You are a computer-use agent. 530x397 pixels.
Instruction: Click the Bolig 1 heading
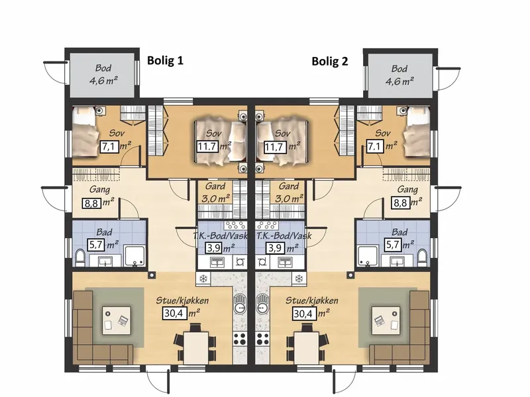[x=165, y=60]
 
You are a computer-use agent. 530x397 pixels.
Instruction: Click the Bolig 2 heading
[x=329, y=62]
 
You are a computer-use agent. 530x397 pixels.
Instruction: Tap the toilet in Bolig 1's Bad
[x=80, y=257]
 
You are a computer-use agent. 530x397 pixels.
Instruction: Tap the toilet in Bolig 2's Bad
[x=422, y=257]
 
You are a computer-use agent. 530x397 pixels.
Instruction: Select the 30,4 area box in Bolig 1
[x=175, y=314]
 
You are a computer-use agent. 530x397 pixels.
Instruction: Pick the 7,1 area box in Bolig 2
[x=375, y=147]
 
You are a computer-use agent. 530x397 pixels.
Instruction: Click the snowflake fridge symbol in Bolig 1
[x=203, y=279]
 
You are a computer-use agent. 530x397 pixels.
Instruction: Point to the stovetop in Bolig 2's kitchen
[x=262, y=339]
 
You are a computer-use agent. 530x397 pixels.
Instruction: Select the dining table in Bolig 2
[x=307, y=348]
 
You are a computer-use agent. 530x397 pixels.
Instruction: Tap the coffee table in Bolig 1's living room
[x=117, y=320]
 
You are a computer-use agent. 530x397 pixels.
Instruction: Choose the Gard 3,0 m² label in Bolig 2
[x=289, y=192]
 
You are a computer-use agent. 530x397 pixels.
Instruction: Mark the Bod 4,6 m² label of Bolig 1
[x=103, y=75]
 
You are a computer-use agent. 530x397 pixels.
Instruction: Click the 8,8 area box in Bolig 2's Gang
[x=400, y=204]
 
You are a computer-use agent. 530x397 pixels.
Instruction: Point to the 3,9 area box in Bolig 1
[x=214, y=248]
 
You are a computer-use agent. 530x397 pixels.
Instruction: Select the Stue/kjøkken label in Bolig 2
[x=311, y=300]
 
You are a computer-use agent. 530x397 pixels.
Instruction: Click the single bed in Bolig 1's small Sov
[x=85, y=131]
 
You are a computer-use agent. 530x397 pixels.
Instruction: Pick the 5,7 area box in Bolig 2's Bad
[x=393, y=244]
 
